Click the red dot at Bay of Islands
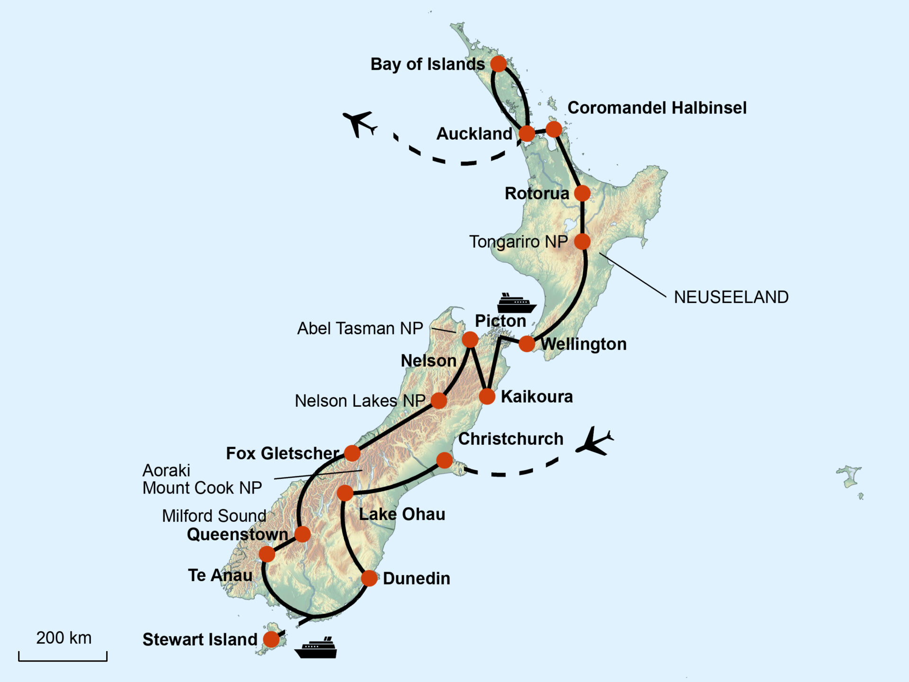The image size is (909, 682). click(x=498, y=63)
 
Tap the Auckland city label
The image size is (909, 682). click(x=474, y=134)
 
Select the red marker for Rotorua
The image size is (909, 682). click(x=582, y=193)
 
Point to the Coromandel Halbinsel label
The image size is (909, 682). click(x=657, y=108)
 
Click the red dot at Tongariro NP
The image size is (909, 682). click(x=582, y=242)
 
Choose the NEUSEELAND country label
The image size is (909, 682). click(x=731, y=297)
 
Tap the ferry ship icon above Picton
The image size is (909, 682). click(x=517, y=303)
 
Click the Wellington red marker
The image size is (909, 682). click(x=526, y=344)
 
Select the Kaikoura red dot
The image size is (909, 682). click(x=487, y=396)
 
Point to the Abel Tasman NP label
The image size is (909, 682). click(x=360, y=329)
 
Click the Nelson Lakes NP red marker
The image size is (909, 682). click(x=438, y=401)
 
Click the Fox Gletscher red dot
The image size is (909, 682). click(x=352, y=453)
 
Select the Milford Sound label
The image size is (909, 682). click(x=214, y=516)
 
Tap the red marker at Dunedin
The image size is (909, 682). click(x=369, y=578)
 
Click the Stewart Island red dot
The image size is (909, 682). click(x=271, y=639)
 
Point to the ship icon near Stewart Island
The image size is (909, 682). click(x=316, y=648)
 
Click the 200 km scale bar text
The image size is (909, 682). click(x=64, y=638)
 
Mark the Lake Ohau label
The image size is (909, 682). click(x=402, y=514)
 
